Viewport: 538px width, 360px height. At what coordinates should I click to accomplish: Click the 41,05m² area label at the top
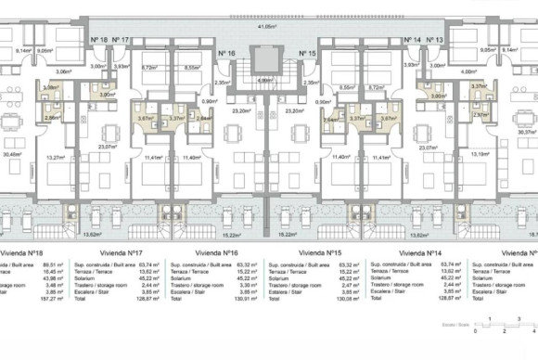click(268, 27)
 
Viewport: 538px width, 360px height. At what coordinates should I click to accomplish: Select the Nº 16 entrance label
click(228, 54)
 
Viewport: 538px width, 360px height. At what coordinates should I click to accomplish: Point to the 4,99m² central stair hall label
click(268, 81)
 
